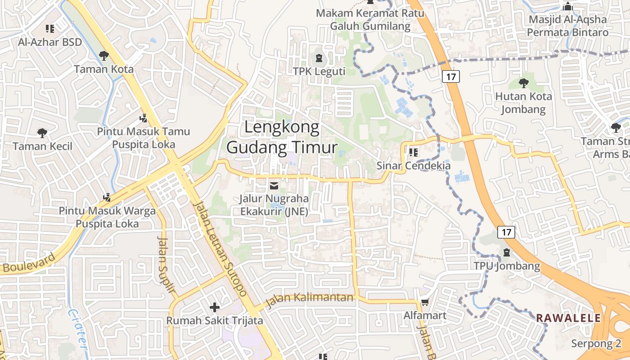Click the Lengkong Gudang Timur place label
coord(282,138)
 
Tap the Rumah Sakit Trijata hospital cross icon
coord(215,307)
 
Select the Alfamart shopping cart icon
coord(425,302)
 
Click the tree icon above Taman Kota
coord(104,56)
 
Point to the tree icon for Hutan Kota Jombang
coord(523,83)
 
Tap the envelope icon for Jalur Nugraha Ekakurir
coord(274,185)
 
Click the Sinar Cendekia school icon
coord(414,152)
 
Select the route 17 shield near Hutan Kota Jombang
coord(451,76)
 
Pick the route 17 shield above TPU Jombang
coord(506,232)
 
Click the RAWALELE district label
coord(568,318)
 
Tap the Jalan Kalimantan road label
coord(310,299)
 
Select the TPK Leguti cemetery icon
coord(319,58)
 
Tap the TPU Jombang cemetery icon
coord(507,252)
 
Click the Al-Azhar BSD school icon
coord(50,29)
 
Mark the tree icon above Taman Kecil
coord(42,133)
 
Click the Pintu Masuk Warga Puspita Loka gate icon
coord(107,197)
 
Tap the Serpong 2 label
coord(596,344)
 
